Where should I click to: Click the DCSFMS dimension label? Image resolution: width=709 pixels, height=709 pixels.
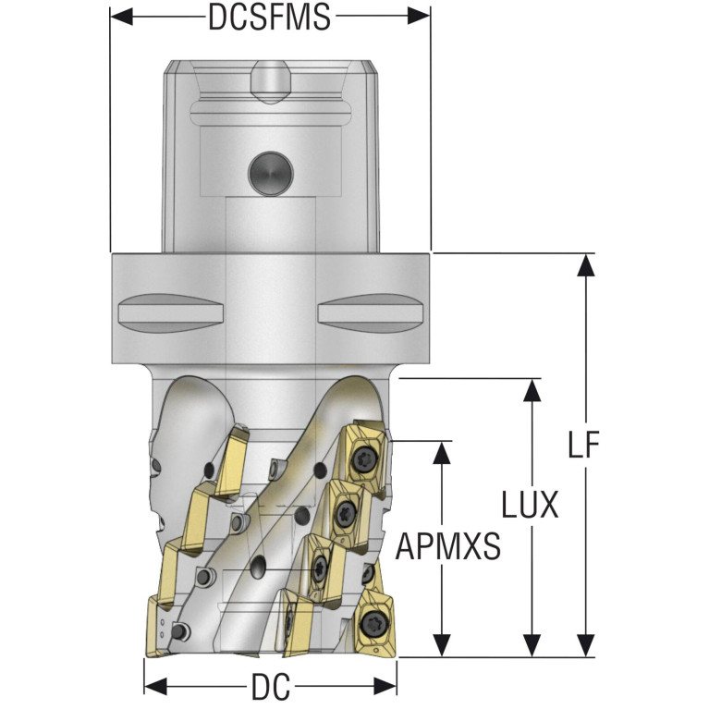pyautogui.click(x=269, y=17)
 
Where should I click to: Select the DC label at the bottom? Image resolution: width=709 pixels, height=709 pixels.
pyautogui.click(x=270, y=687)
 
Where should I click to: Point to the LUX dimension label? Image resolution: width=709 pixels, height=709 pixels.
pyautogui.click(x=531, y=506)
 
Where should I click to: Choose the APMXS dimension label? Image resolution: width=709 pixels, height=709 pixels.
pyautogui.click(x=447, y=547)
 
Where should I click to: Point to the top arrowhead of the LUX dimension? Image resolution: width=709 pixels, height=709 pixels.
pyautogui.click(x=531, y=390)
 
